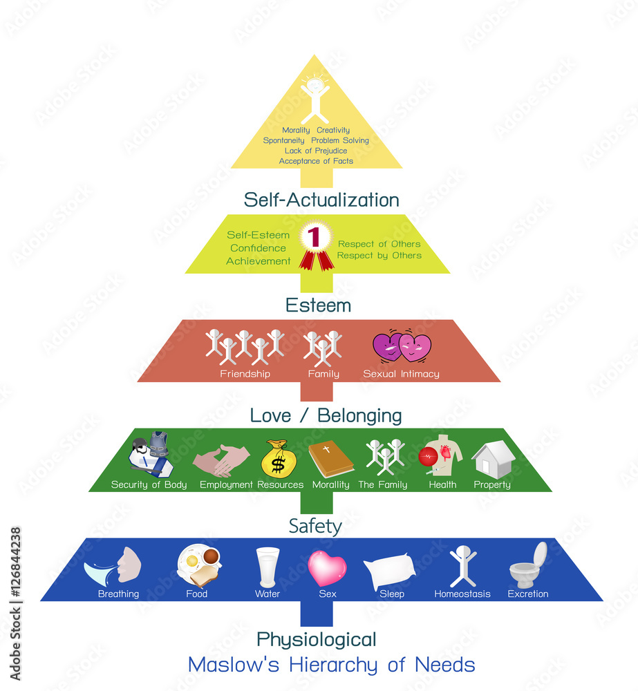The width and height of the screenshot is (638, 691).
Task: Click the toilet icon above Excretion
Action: (529, 565)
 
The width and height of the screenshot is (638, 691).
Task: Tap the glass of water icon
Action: (268, 567)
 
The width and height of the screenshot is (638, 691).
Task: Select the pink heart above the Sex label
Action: (327, 567)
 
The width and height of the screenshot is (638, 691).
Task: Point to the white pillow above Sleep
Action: (390, 570)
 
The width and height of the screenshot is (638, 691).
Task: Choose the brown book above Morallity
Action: (330, 459)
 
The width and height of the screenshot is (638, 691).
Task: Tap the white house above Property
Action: (493, 459)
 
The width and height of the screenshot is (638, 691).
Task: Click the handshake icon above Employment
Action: (221, 461)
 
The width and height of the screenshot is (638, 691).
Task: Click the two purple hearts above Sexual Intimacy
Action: (402, 348)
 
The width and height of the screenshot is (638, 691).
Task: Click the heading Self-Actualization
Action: (321, 200)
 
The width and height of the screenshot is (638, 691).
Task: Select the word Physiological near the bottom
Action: (316, 638)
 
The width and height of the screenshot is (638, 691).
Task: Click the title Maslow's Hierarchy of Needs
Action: (331, 665)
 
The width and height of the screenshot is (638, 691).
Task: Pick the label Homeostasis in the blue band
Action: (462, 594)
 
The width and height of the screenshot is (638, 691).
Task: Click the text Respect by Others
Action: (379, 255)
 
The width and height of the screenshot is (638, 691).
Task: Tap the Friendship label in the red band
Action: (245, 374)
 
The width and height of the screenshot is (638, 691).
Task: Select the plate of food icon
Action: (198, 565)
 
